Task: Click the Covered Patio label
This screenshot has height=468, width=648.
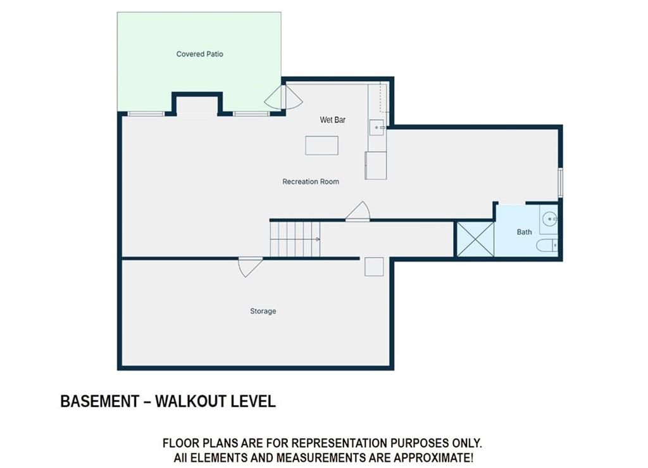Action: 199,54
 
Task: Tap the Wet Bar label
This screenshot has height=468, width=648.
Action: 333,120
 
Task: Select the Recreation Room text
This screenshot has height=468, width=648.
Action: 311,182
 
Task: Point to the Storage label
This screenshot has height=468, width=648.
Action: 263,311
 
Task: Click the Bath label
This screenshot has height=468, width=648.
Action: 525,232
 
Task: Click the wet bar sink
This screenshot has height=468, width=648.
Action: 377,127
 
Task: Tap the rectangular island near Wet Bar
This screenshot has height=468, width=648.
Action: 321,146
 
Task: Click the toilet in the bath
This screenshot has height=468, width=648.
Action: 547,246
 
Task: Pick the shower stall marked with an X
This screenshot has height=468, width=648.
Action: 476,239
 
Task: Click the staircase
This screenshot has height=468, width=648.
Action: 295,239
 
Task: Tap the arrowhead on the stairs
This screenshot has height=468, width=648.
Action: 318,239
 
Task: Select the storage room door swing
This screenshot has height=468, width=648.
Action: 251,267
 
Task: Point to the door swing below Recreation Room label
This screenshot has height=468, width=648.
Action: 358,212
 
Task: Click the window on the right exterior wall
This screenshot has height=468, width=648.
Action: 561,182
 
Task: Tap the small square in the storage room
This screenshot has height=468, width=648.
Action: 374,267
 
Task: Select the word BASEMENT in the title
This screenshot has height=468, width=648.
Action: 99,402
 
